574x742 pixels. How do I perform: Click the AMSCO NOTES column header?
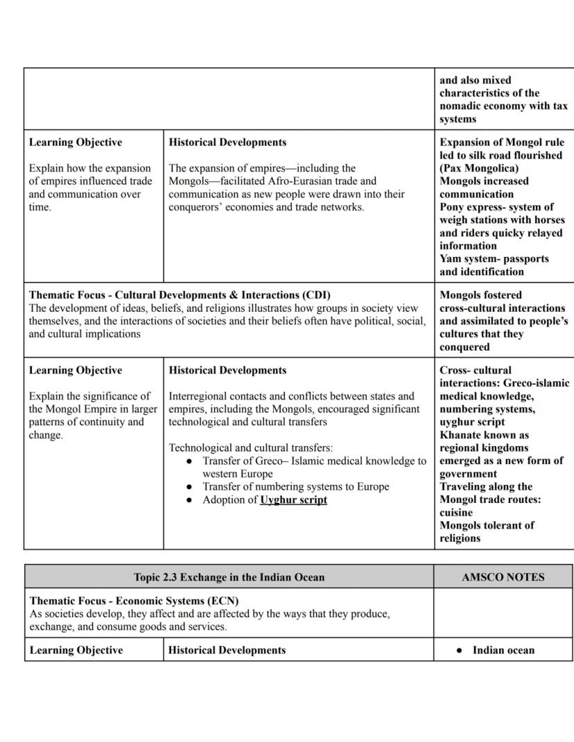[503, 577]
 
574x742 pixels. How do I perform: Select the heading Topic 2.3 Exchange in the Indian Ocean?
[229, 577]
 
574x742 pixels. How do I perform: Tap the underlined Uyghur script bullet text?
[293, 500]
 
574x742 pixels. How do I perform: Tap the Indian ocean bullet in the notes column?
[503, 650]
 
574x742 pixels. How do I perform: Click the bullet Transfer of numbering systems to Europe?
[295, 486]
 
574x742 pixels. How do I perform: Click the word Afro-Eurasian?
[310, 181]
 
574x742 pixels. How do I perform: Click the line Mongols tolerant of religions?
[487, 531]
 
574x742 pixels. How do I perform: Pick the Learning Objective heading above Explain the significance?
[76, 370]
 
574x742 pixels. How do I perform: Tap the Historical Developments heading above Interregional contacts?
[227, 370]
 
